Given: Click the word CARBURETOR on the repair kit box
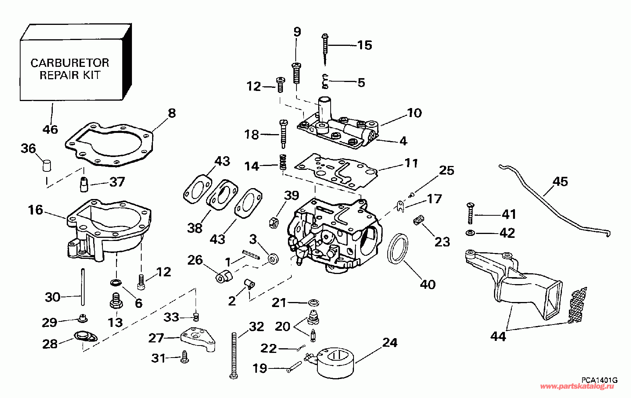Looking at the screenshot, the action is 69,63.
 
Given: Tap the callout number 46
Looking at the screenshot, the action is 50,129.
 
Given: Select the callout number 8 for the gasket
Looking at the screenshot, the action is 172,113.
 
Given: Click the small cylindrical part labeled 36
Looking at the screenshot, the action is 47,165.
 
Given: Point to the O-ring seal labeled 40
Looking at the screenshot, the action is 398,248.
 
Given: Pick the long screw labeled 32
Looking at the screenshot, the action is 234,355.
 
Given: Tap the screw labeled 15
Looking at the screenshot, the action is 325,49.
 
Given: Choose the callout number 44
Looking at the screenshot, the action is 498,336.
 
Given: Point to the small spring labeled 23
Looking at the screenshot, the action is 419,220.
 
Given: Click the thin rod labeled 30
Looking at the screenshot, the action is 83,286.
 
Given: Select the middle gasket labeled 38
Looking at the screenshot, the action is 222,195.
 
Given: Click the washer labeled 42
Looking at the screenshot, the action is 470,233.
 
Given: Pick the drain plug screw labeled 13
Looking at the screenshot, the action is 116,301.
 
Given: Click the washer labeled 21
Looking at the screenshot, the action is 313,303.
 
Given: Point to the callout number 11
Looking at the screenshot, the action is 411,163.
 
